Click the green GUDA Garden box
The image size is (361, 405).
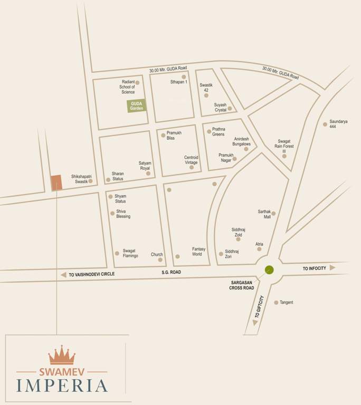tap(137, 106)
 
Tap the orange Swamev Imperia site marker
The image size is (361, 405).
tap(56, 182)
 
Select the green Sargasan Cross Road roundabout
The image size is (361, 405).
tap(269, 270)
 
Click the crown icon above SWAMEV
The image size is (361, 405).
tap(62, 355)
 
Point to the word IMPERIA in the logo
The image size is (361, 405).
tap(62, 385)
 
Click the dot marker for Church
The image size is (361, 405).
tap(160, 259)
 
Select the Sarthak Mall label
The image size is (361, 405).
tap(264, 214)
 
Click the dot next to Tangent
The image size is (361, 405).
tap(276, 303)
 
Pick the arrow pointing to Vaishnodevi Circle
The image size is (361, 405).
tap(63, 275)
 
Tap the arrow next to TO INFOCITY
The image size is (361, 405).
tap(332, 268)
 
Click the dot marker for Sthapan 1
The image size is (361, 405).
tap(184, 77)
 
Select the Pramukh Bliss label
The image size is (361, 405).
tap(174, 136)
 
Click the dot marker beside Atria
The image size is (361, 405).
tap(259, 249)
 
